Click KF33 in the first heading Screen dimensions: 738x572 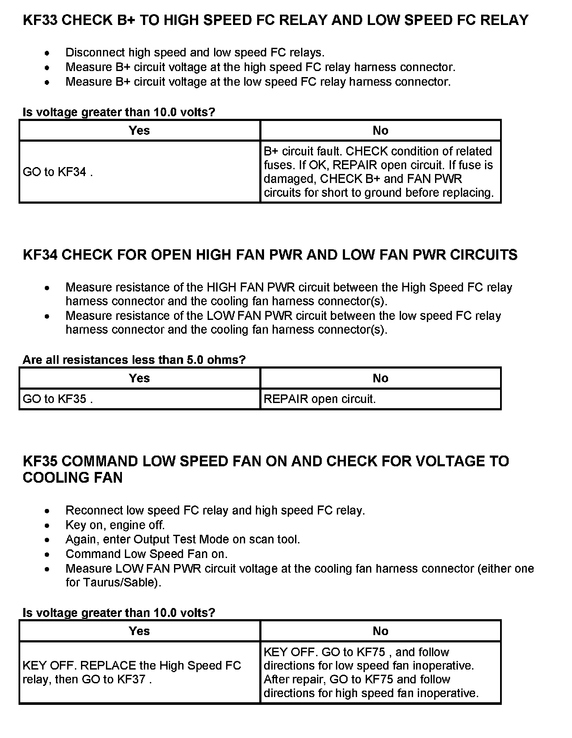pyautogui.click(x=40, y=20)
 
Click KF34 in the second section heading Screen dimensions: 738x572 pyautogui.click(x=40, y=255)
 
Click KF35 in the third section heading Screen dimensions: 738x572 pyautogui.click(x=40, y=462)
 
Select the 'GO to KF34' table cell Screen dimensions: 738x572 pyautogui.click(x=58, y=172)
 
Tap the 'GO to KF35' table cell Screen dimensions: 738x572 pyautogui.click(x=58, y=399)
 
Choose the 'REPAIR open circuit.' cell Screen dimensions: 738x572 pyautogui.click(x=320, y=399)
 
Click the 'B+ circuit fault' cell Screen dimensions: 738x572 pyautogui.click(x=378, y=172)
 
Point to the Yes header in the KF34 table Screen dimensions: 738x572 pyautogui.click(x=139, y=378)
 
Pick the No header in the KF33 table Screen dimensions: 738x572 pyautogui.click(x=380, y=130)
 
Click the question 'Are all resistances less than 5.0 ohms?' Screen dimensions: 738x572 pyautogui.click(x=134, y=360)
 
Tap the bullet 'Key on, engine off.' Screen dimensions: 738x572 pyautogui.click(x=115, y=525)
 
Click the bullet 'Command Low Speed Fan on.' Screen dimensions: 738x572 pyautogui.click(x=146, y=554)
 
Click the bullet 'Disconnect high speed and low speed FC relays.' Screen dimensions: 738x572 pyautogui.click(x=195, y=53)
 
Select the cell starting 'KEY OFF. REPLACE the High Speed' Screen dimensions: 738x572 pyautogui.click(x=132, y=672)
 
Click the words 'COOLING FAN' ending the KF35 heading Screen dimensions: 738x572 pyautogui.click(x=72, y=478)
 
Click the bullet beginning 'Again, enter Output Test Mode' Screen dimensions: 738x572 pyautogui.click(x=183, y=540)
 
